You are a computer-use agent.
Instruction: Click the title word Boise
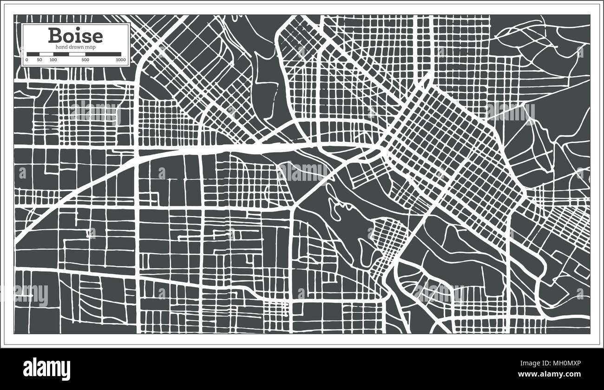pyautogui.click(x=75, y=36)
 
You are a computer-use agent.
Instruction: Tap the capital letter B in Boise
pyautogui.click(x=55, y=36)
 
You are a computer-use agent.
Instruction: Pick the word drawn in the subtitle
pyautogui.click(x=76, y=47)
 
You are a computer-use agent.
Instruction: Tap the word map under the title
pyautogui.click(x=91, y=47)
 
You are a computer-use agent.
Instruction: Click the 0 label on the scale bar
pyautogui.click(x=26, y=60)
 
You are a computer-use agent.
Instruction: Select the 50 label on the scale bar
pyautogui.click(x=39, y=60)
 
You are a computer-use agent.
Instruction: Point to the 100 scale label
pyautogui.click(x=53, y=60)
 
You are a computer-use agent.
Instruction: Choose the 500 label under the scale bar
pyautogui.click(x=85, y=60)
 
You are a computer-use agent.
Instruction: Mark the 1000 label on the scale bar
pyautogui.click(x=121, y=60)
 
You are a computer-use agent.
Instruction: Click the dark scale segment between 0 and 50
pyautogui.click(x=33, y=54)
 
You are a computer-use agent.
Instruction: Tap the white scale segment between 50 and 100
pyautogui.click(x=46, y=54)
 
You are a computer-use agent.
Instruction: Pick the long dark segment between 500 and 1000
pyautogui.click(x=103, y=54)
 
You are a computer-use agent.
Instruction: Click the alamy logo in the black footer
pyautogui.click(x=46, y=367)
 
